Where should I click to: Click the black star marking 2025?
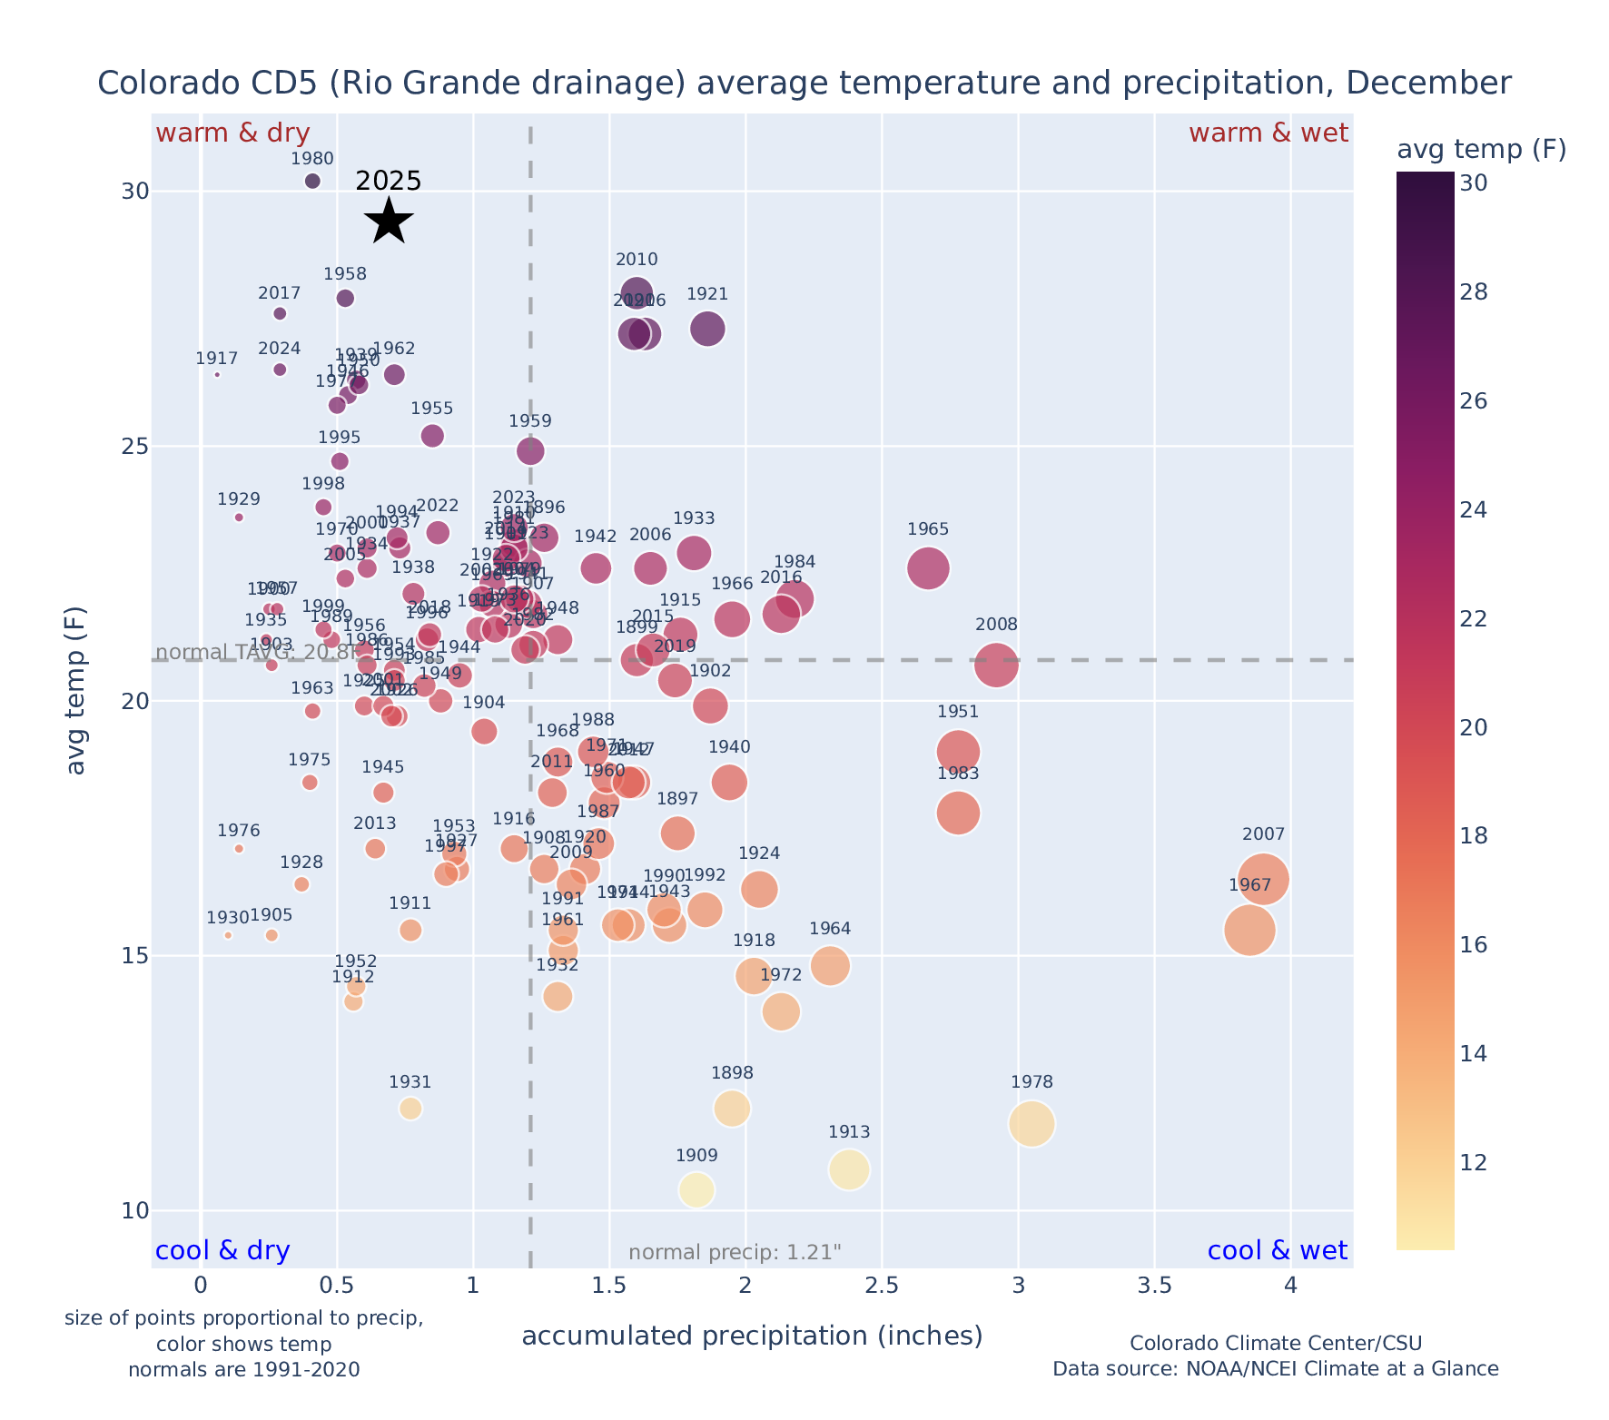[389, 221]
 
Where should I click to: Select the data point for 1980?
[312, 181]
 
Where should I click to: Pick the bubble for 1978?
[1031, 1124]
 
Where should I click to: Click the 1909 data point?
[696, 1189]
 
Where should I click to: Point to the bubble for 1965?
[928, 568]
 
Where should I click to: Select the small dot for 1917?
[217, 374]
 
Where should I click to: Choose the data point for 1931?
[410, 1109]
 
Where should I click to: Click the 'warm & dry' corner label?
[232, 133]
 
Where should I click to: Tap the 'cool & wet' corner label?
[1277, 1251]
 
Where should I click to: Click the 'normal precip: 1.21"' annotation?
[735, 1253]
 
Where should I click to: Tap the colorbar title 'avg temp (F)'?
[1481, 150]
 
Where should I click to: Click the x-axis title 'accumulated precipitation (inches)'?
[752, 1336]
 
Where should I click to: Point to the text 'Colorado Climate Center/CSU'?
[1275, 1344]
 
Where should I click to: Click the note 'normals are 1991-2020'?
[243, 1369]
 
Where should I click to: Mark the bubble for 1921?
[707, 329]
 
